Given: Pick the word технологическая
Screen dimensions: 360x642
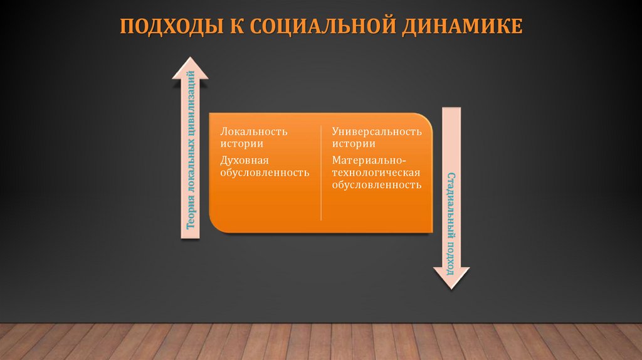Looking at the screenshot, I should pyautogui.click(x=376, y=172).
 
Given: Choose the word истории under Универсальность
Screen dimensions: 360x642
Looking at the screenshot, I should pyautogui.click(x=354, y=144).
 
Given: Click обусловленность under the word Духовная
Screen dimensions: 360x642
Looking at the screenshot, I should pyautogui.click(x=264, y=172).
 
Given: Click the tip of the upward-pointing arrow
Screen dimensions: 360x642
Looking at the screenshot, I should pyautogui.click(x=191, y=56).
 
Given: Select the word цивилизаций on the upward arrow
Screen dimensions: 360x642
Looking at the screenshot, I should pyautogui.click(x=191, y=100).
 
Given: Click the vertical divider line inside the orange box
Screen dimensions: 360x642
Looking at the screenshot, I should pyautogui.click(x=321, y=172).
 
